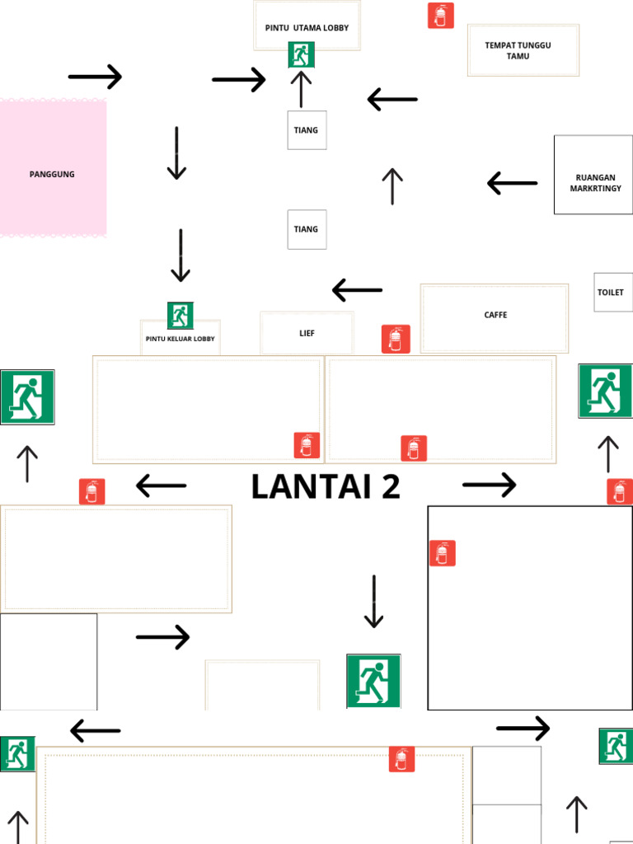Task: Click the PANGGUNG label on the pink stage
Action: coord(52,174)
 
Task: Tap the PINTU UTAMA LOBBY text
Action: coord(307,28)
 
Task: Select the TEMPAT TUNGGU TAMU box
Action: coord(523,50)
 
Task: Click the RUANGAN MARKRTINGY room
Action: coord(593,175)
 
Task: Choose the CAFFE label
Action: coord(495,316)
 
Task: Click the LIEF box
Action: coord(307,333)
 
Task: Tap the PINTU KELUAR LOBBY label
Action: coord(180,339)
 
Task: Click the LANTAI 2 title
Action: coord(326,486)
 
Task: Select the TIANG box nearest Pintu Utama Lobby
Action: coord(307,130)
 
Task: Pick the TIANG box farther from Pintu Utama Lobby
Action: coord(307,229)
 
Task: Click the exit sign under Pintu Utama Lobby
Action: coord(301,55)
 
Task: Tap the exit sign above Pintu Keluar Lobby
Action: coord(181,315)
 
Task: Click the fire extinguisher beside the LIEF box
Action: coord(396,339)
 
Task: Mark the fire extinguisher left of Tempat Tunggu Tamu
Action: coord(441,16)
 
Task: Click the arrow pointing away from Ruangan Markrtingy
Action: coord(512,183)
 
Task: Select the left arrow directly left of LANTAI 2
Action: coord(161,486)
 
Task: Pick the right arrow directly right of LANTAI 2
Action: coord(490,485)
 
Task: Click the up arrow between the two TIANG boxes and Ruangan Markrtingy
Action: coord(392,186)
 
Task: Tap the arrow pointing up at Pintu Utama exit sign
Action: coord(301,89)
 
